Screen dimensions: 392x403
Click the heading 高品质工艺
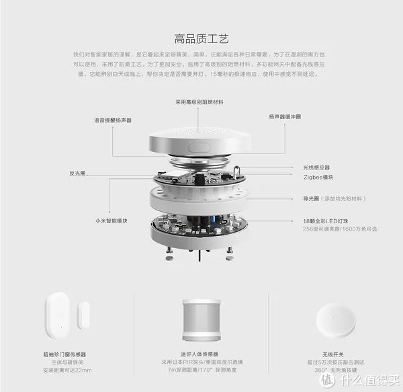coord(201,38)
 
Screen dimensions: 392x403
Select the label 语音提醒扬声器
coord(112,120)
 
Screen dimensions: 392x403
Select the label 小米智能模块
coord(111,220)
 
